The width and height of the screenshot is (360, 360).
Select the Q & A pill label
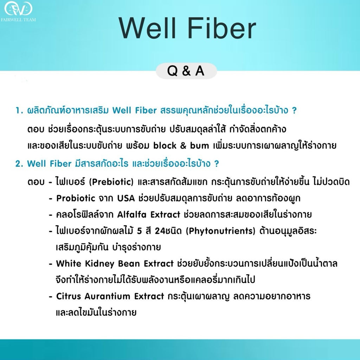click(x=186, y=71)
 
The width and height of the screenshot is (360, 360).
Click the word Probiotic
click(x=76, y=198)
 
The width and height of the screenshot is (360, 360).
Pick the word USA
click(x=126, y=198)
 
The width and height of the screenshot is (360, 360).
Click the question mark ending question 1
click(x=294, y=111)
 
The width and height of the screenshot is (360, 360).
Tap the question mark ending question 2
click(x=217, y=164)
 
